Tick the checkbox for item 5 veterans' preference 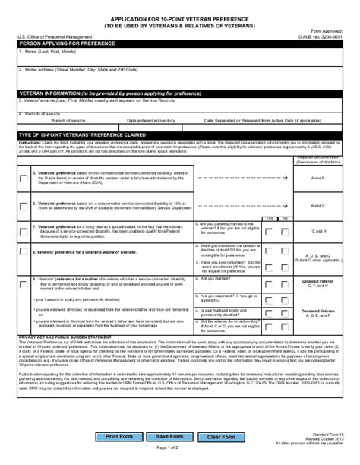(x=24, y=178)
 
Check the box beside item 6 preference (x=24, y=205)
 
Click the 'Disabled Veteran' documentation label (x=318, y=281)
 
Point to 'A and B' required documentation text (x=318, y=177)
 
